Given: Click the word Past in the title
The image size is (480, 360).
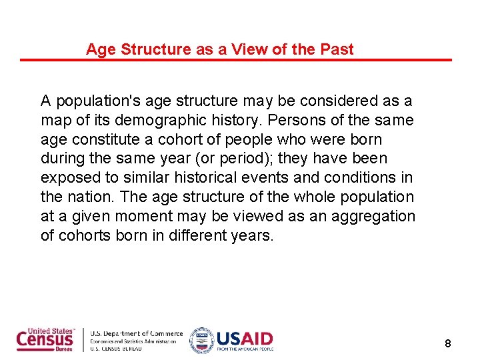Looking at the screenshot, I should (x=337, y=49).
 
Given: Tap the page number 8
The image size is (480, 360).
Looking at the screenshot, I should (x=448, y=344).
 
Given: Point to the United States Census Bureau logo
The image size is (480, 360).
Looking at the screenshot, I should (x=46, y=340).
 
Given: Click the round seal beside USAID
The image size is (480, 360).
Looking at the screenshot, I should (x=201, y=340).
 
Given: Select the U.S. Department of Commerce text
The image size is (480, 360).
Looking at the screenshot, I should (x=136, y=333).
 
